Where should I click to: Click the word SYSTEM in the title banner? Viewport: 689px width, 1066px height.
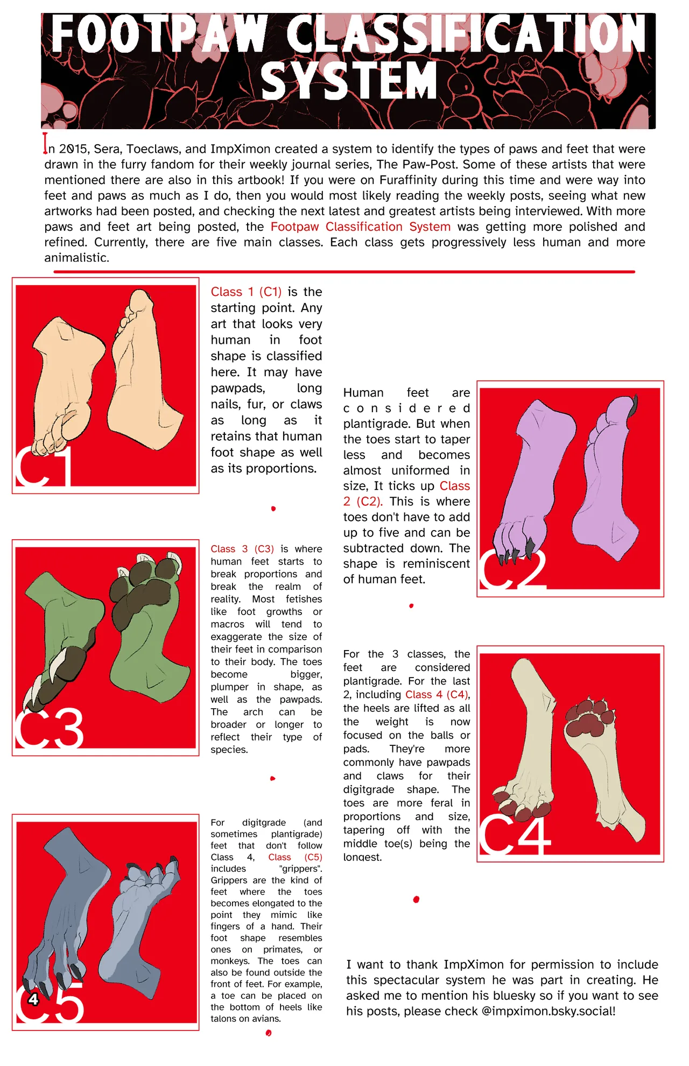click(349, 80)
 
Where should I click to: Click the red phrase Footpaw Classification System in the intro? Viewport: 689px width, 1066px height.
click(360, 227)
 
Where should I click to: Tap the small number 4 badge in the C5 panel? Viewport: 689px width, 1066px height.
click(33, 999)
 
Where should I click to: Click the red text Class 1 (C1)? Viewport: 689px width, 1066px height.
click(246, 292)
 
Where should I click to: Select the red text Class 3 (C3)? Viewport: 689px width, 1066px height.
click(242, 549)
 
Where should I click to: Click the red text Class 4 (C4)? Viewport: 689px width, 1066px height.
click(437, 695)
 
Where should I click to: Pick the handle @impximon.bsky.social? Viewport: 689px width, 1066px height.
click(548, 1011)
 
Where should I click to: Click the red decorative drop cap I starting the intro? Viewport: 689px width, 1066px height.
click(46, 144)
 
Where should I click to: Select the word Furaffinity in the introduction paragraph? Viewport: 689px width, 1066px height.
click(412, 180)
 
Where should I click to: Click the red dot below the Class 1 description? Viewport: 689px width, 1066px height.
click(273, 509)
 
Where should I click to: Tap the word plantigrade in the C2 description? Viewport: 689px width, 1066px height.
click(376, 424)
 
